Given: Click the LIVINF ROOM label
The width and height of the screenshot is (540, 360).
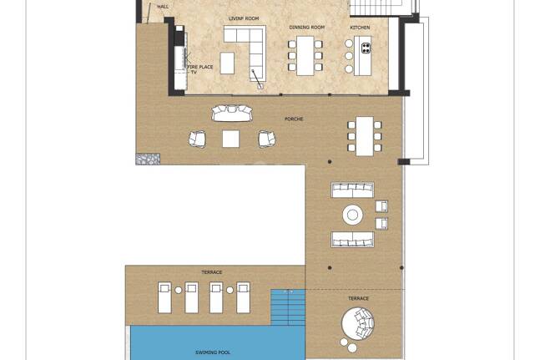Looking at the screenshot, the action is [x=244, y=18].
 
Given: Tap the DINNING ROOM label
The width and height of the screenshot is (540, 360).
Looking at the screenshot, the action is [x=307, y=28].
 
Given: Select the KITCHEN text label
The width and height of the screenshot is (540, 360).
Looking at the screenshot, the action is [x=360, y=28].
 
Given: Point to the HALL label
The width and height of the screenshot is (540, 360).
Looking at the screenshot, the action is [x=163, y=7].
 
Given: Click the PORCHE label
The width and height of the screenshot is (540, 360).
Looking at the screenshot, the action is [x=294, y=119].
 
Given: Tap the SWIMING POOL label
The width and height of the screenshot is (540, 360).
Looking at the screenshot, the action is [x=213, y=352].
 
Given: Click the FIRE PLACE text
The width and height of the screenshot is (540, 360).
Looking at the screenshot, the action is [x=200, y=67].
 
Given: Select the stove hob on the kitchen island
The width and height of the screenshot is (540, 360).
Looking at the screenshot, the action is [x=366, y=48].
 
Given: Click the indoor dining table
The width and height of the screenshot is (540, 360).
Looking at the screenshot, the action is [x=305, y=55].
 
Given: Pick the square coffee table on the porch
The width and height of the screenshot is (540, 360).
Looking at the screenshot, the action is [x=230, y=139].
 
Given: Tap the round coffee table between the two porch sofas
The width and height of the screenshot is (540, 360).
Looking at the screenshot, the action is [x=353, y=215].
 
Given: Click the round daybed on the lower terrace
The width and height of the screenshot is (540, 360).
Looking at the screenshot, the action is [x=357, y=324].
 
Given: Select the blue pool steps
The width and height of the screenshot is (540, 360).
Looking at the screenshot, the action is [x=288, y=307].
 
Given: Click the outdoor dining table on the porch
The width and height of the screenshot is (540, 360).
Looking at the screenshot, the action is [x=365, y=136].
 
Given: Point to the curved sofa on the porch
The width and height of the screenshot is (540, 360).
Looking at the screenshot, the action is [x=232, y=114].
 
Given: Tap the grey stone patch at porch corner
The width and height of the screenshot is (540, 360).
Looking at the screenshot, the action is [x=148, y=159].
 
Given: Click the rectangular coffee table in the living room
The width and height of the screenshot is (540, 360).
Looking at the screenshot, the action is [x=227, y=63].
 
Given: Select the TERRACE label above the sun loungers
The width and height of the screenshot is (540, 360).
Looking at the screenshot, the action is [x=212, y=272].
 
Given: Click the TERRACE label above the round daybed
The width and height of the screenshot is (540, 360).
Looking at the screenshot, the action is [x=358, y=298].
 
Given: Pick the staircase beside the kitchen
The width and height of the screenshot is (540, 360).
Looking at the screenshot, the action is [x=376, y=8].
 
